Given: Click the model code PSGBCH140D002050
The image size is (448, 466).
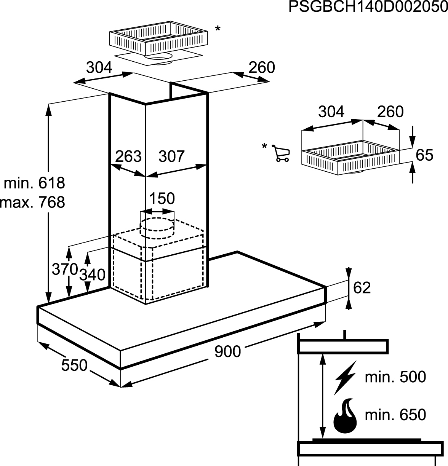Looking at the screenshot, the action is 368,7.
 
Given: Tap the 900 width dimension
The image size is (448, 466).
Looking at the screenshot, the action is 227,351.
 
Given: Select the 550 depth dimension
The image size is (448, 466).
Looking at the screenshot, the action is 74,365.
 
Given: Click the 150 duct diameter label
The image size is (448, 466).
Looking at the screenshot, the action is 162,198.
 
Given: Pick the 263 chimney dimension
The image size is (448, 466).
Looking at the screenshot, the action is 128,156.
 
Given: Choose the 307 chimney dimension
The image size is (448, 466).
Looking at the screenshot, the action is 171,156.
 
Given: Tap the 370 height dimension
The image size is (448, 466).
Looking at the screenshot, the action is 65,269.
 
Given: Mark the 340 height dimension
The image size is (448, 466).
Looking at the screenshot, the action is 92,274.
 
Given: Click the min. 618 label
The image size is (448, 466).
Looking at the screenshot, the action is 35,183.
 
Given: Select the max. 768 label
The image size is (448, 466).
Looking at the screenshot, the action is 33,202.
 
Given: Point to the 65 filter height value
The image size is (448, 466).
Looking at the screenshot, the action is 424,155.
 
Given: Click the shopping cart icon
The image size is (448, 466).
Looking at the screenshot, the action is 281,153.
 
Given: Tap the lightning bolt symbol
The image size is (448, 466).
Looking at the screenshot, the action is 345,378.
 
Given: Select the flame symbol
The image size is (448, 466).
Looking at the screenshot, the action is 345,416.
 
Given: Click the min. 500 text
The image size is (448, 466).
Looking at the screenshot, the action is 395,377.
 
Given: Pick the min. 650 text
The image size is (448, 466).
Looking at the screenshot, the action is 395,415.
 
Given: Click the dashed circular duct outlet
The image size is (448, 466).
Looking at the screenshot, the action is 157,224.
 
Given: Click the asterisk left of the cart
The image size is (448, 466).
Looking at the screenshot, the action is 264,146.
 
